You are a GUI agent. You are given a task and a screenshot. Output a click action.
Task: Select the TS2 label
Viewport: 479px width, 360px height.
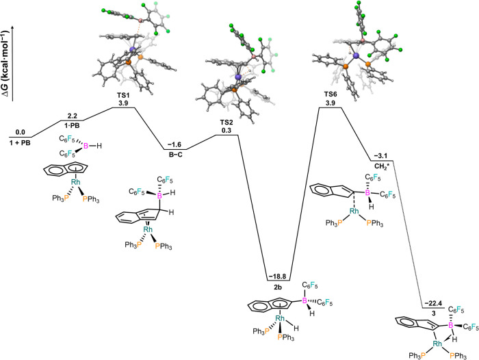(x=226, y=122)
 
